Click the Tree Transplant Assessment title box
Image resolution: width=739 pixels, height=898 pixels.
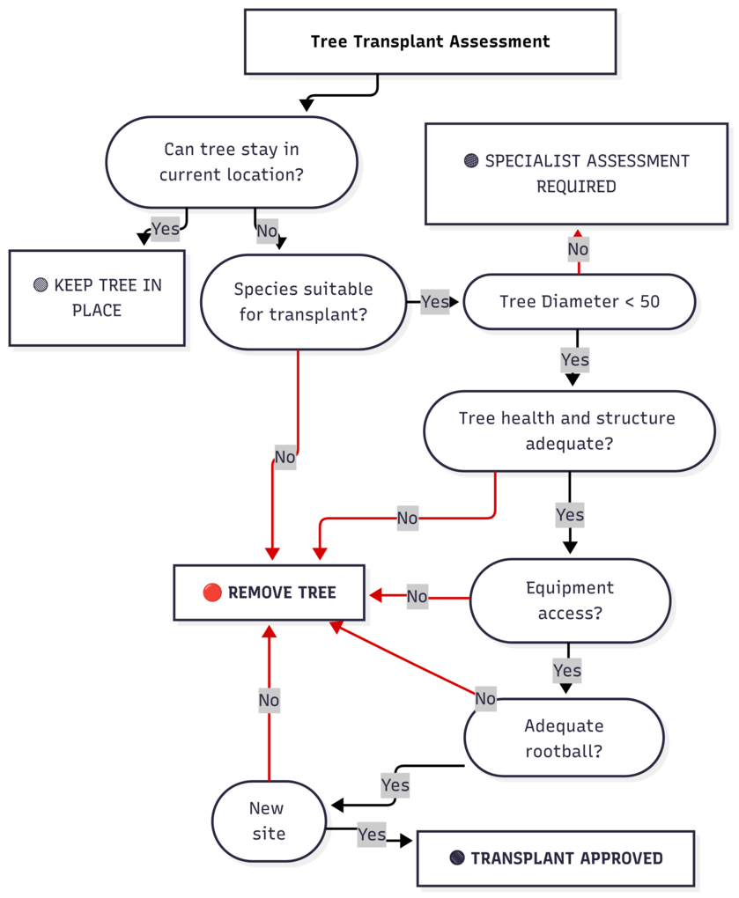point(430,41)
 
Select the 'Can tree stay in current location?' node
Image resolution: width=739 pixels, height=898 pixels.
point(232,162)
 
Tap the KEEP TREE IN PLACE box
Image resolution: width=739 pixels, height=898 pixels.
point(97,298)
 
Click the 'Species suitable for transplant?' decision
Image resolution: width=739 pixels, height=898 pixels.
point(303,301)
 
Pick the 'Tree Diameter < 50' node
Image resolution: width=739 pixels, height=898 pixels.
point(579,301)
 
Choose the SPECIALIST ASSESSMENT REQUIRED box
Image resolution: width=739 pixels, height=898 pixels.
point(577,173)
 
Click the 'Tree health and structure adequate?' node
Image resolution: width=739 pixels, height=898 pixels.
point(568,431)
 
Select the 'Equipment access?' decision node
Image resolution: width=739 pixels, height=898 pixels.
point(569,600)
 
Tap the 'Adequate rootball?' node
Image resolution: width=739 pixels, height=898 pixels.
point(564,738)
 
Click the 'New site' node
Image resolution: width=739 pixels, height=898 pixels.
point(268,821)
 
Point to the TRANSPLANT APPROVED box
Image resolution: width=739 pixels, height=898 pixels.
point(555,858)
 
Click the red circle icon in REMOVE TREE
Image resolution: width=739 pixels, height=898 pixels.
point(212,593)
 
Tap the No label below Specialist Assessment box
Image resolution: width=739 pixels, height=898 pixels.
point(578,249)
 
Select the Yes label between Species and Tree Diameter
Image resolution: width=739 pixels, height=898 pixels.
point(434,302)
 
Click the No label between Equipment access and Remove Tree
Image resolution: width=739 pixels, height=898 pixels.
point(417,597)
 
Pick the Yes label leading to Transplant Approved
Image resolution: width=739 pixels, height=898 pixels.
point(372,834)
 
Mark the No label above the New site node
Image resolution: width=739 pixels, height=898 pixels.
point(269,701)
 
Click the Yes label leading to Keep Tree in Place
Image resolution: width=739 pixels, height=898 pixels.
point(165,229)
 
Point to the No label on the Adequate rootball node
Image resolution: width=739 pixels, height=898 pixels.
point(485,699)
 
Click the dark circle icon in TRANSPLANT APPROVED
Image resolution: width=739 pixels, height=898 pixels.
point(456,858)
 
